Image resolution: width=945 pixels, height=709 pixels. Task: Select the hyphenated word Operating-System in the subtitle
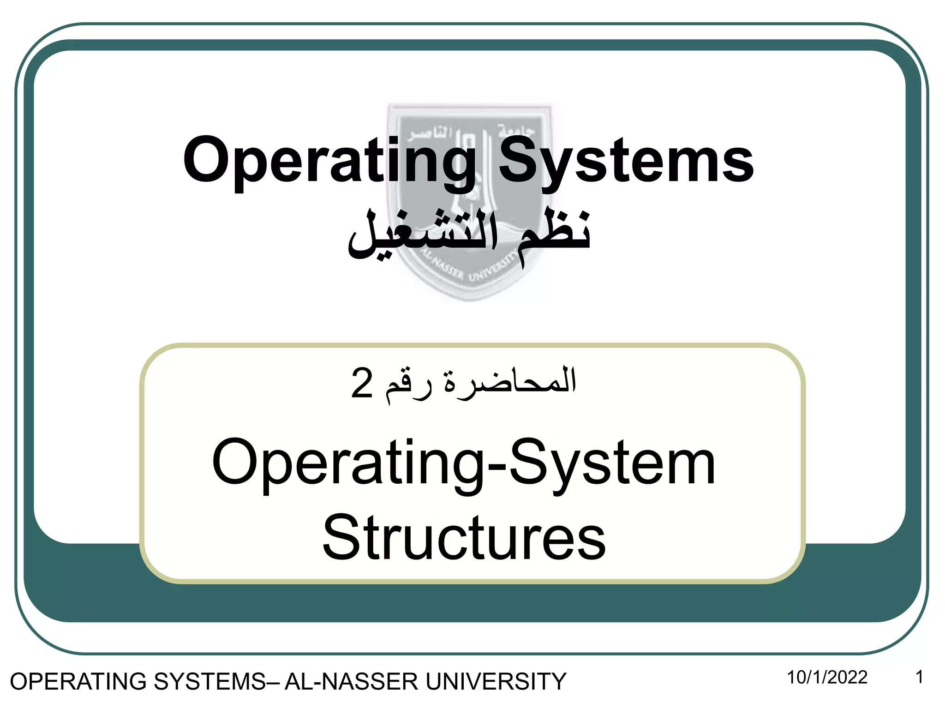[464, 463]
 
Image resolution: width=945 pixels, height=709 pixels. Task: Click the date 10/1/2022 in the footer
[827, 677]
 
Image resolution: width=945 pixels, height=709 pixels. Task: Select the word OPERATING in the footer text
[78, 682]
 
